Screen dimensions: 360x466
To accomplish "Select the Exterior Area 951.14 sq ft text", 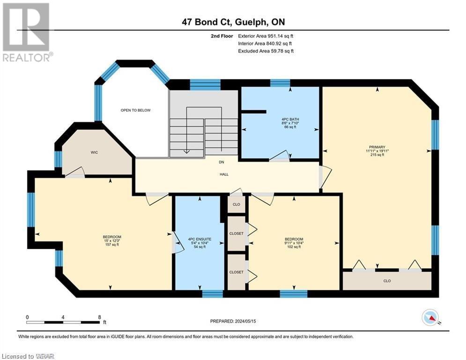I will click(266, 36).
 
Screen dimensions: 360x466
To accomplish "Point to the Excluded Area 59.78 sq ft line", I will click(266, 51).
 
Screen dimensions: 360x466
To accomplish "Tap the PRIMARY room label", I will click(377, 147).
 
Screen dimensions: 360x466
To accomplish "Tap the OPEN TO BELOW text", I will click(135, 110).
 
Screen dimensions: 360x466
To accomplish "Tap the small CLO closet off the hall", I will click(237, 204).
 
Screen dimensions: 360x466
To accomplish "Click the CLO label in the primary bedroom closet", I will click(387, 281).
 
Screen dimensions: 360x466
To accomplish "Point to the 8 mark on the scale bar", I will click(99, 317).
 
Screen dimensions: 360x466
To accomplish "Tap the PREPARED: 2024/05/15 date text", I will click(233, 321).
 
